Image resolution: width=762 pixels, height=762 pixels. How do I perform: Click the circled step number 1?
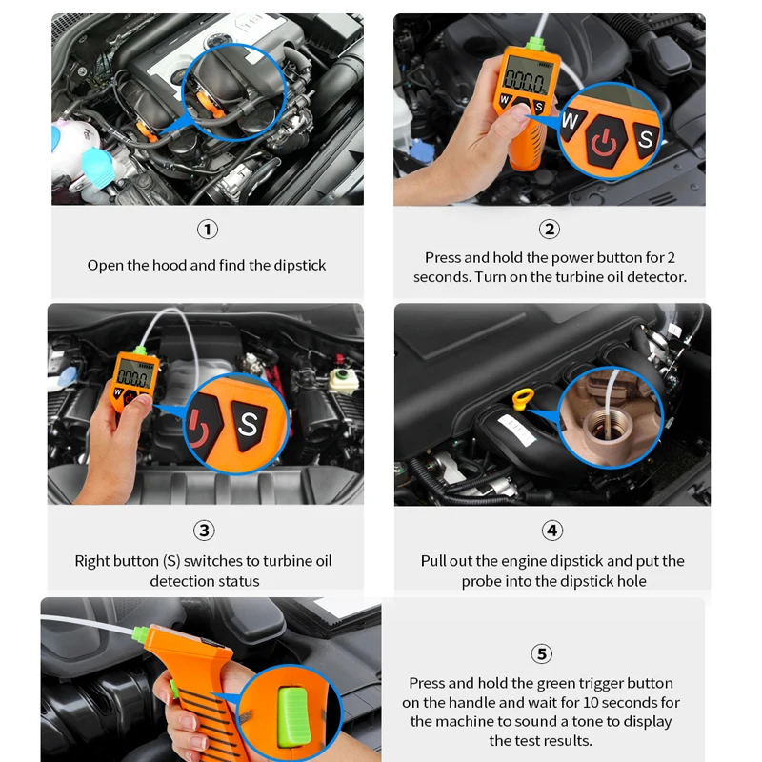coord(208,229)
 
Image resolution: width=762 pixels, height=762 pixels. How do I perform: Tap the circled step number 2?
coord(550,229)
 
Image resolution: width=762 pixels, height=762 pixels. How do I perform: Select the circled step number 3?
coord(204,531)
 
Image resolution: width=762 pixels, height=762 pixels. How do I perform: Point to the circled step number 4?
coord(552,531)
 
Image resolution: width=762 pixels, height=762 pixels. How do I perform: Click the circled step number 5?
coord(541,653)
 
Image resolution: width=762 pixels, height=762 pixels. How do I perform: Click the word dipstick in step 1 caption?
coord(299,266)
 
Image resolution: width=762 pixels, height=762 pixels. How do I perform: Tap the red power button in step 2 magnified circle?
coord(604,142)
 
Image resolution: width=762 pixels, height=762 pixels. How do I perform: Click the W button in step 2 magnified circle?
coord(571,121)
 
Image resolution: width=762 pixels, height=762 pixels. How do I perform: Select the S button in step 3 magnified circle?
coord(249,424)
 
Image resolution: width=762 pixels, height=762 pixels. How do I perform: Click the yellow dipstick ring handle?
coord(523,399)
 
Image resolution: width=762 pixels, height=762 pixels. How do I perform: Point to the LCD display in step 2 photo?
coord(527,78)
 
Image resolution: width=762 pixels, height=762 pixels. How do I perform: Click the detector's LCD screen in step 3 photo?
coord(134,373)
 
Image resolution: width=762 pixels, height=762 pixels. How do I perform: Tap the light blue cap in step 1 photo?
coord(98,168)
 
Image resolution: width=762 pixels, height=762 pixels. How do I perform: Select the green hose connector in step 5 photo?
coord(141,633)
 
